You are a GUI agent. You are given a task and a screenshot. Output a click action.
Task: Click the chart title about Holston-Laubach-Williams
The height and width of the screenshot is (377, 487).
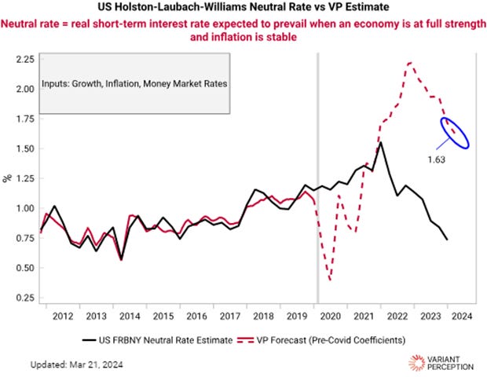(x=243, y=8)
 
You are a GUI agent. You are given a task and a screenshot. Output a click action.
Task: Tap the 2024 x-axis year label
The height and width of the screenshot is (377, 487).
(x=462, y=317)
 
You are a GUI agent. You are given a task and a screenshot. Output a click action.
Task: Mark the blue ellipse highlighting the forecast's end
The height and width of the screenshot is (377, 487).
(x=455, y=131)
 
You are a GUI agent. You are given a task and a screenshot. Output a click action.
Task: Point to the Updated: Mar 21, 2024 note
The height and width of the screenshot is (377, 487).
(x=76, y=364)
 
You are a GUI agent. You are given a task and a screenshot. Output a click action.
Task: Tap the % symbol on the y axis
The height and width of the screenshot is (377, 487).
(x=8, y=178)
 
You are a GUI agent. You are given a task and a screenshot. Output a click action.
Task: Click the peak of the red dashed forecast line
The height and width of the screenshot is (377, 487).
(x=410, y=63)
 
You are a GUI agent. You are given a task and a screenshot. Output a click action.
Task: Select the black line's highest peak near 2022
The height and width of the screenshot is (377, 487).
(x=381, y=142)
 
